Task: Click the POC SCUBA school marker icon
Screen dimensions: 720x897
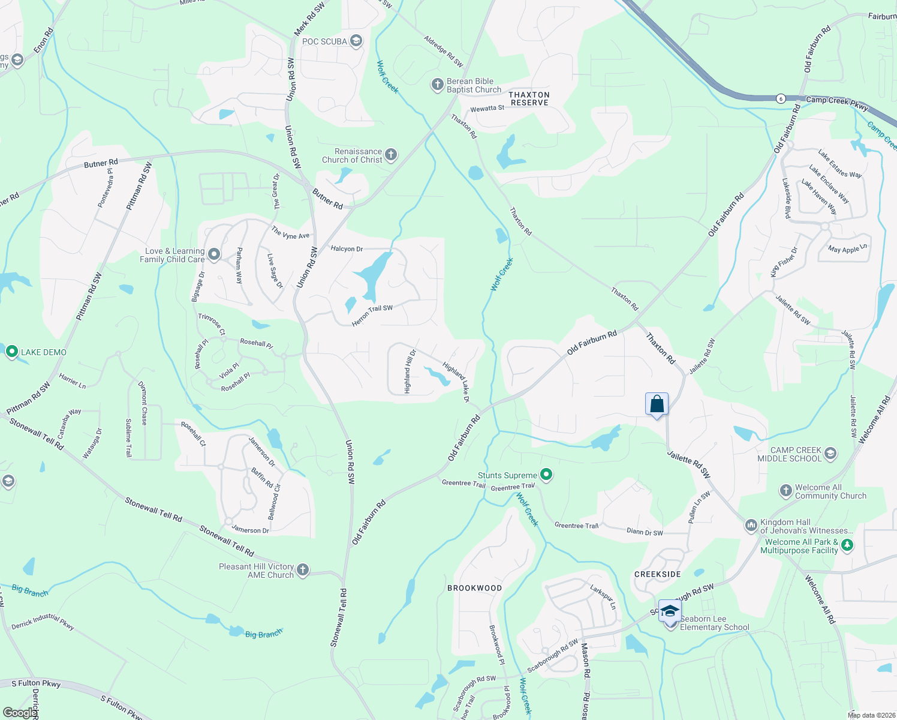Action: [x=356, y=41]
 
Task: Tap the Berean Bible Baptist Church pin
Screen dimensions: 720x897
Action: [x=437, y=85]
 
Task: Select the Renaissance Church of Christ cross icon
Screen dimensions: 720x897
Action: [x=391, y=155]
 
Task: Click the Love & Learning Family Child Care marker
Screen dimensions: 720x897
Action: [x=214, y=256]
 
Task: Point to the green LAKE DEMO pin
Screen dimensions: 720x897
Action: [x=11, y=352]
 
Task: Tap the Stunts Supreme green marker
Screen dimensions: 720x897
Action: [x=546, y=475]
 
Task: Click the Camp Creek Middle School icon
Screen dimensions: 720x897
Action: [x=830, y=454]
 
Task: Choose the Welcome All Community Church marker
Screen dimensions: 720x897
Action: [x=786, y=491]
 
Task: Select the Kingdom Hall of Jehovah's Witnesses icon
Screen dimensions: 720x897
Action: [x=751, y=526]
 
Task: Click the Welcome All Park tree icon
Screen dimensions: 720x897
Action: [x=847, y=545]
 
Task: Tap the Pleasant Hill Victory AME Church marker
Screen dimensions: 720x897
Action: [x=303, y=570]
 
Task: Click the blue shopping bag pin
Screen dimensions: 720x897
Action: [x=657, y=404]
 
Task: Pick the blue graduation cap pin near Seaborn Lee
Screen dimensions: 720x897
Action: [x=670, y=611]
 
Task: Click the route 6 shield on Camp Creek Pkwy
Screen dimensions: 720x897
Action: [x=780, y=98]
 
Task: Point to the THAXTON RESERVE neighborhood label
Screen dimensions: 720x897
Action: [x=529, y=99]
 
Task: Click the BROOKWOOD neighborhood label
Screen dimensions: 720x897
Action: [x=474, y=588]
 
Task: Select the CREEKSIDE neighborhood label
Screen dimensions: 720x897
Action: [x=658, y=574]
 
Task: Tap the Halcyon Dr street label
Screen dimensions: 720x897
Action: [x=347, y=248]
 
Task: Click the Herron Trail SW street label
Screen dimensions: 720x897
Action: [x=372, y=316]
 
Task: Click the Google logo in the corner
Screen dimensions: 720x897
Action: [x=19, y=712]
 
